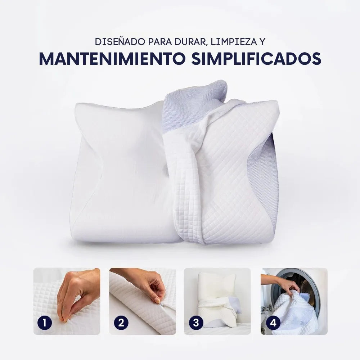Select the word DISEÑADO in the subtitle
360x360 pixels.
(x=119, y=41)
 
